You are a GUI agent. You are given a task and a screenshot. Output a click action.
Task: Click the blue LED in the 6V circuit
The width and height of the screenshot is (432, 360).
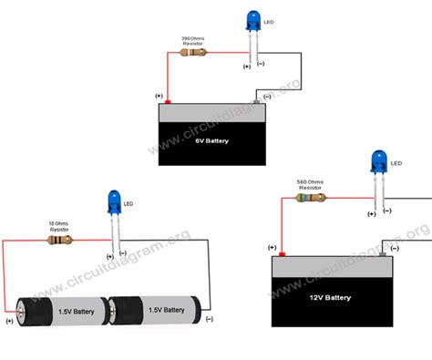tap(252, 20)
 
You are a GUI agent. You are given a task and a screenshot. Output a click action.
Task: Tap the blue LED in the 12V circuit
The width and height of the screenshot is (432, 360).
tap(376, 163)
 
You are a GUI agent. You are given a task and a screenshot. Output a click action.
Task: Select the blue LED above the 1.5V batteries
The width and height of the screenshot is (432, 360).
tap(115, 201)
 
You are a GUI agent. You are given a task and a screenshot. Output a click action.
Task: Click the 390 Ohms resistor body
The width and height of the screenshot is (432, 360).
tap(194, 52)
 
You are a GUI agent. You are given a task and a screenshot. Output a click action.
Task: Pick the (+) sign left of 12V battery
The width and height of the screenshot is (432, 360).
tap(272, 247)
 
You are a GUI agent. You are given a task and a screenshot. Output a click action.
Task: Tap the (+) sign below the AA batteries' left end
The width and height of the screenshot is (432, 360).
tap(10, 321)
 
